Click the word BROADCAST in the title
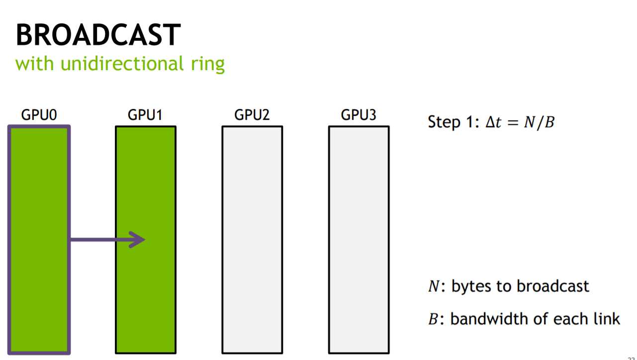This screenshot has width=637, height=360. click(97, 35)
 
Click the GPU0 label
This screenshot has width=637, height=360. click(39, 115)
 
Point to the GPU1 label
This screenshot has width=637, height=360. click(145, 115)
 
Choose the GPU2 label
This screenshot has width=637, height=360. click(252, 115)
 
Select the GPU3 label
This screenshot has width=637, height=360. click(359, 115)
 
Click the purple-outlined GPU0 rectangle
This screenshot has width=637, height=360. click(39, 199)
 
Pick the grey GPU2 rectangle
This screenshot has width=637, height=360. click(252, 239)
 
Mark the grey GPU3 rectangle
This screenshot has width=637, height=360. click(359, 239)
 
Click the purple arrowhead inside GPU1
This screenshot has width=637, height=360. click(137, 240)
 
